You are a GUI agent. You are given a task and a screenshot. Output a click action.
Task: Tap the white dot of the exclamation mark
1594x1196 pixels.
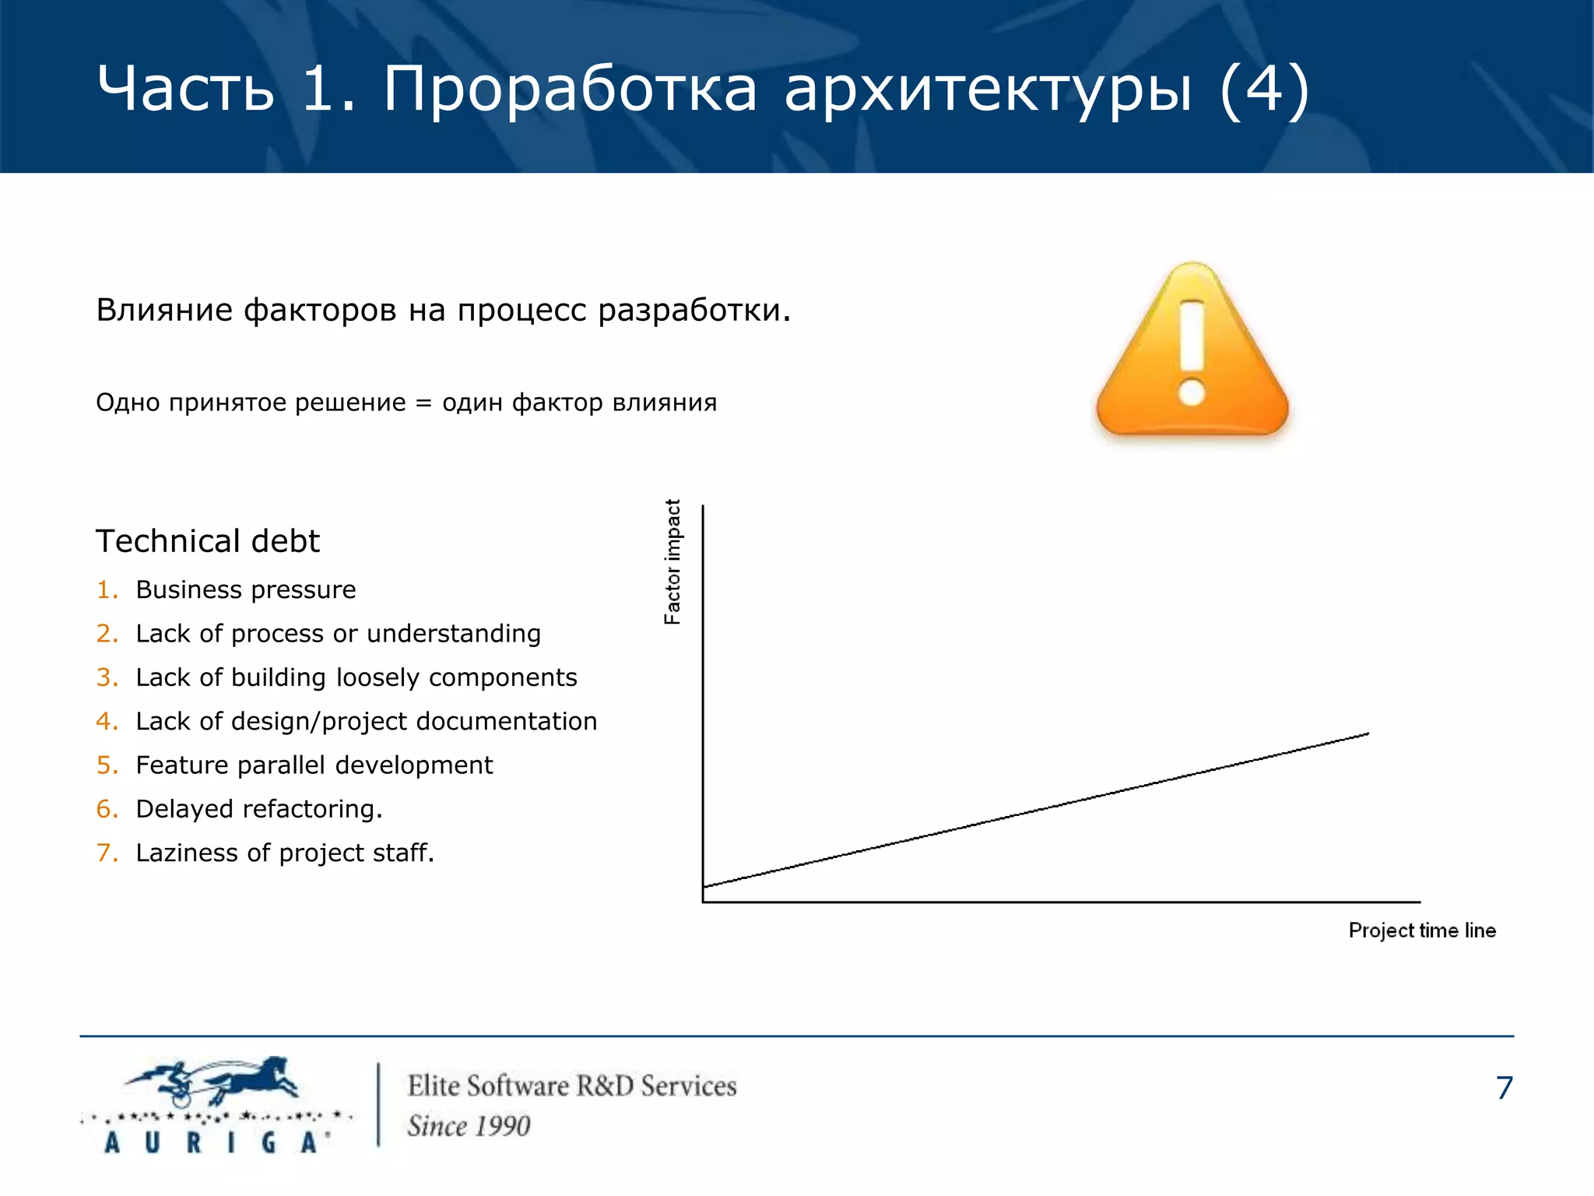pyautogui.click(x=1192, y=392)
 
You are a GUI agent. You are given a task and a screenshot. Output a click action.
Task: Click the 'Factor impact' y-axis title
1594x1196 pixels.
pyautogui.click(x=672, y=561)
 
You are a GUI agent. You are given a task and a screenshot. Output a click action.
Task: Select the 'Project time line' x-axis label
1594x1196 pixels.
pyautogui.click(x=1421, y=930)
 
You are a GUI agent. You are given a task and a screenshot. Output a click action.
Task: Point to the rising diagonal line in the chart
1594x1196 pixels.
pyautogui.click(x=1035, y=810)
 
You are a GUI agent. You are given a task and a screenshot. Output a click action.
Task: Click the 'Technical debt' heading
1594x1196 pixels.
pyautogui.click(x=207, y=541)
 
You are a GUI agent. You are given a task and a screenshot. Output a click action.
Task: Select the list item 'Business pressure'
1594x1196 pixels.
pyautogui.click(x=245, y=590)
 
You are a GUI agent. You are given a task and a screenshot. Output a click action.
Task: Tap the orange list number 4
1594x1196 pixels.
pyautogui.click(x=105, y=722)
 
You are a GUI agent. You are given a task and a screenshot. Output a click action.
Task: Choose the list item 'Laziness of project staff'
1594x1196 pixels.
pyautogui.click(x=284, y=853)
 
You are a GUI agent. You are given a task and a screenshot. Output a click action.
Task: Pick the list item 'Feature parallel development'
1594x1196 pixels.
pyautogui.click(x=314, y=765)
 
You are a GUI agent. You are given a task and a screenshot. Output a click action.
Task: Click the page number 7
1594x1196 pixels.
pyautogui.click(x=1504, y=1088)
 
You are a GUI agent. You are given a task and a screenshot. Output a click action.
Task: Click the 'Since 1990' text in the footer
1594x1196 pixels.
pyautogui.click(x=469, y=1126)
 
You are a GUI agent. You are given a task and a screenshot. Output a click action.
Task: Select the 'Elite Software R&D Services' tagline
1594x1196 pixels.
pyautogui.click(x=572, y=1086)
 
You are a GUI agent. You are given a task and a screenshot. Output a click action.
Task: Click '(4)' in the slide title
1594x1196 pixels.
pyautogui.click(x=1264, y=89)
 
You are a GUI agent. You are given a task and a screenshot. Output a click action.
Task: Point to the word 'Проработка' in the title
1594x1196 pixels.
pyautogui.click(x=570, y=89)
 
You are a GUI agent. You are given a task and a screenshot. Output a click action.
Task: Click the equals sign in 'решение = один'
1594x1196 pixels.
pyautogui.click(x=423, y=403)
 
